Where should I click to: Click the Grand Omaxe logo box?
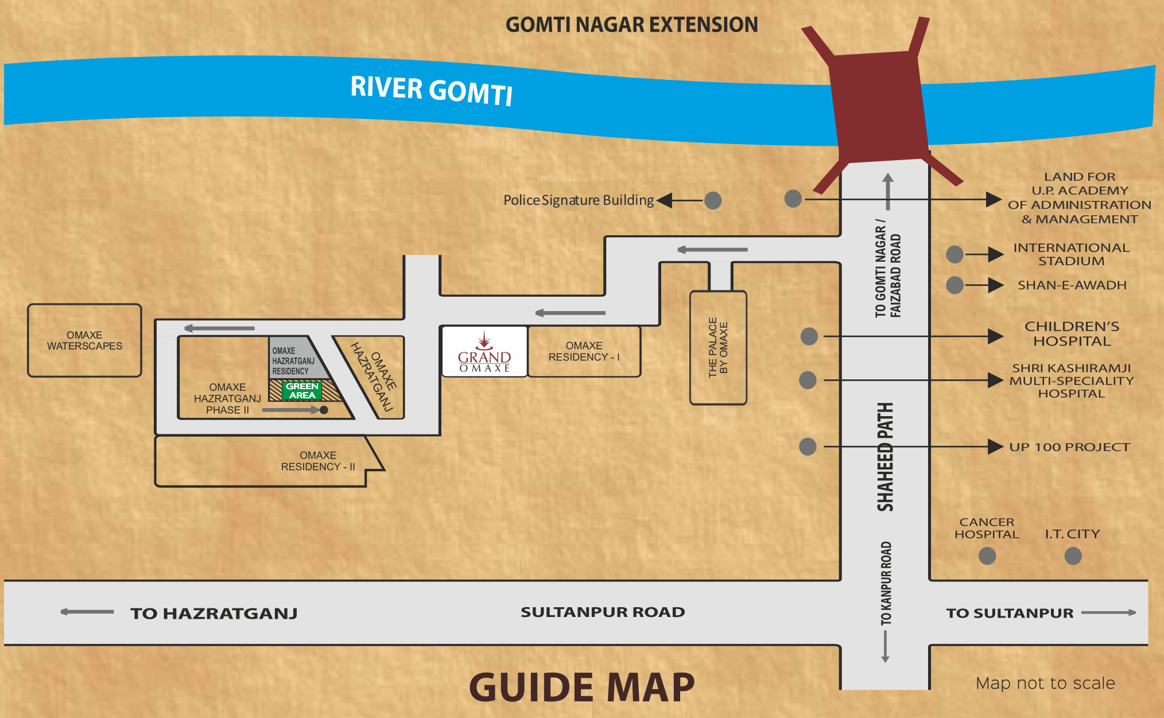click(x=484, y=351)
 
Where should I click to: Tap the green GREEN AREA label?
click(x=302, y=391)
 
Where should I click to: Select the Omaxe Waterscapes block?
click(x=84, y=340)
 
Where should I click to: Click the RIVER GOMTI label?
click(x=431, y=90)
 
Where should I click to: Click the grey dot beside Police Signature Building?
click(x=713, y=200)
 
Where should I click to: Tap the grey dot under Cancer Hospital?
click(x=987, y=556)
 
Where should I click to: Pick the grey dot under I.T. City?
click(x=1073, y=556)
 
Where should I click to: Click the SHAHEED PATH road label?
click(x=886, y=457)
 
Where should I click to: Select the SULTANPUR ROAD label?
click(x=603, y=612)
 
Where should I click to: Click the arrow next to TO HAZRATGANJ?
click(x=87, y=612)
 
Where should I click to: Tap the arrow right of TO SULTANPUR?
click(x=1108, y=612)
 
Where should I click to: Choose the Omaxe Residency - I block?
click(x=584, y=351)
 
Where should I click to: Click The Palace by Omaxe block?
click(x=718, y=347)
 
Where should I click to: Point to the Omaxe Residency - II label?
click(x=318, y=461)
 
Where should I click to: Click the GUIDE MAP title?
click(x=581, y=687)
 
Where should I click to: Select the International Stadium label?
click(x=1071, y=254)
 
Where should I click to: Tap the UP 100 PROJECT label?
click(x=1069, y=447)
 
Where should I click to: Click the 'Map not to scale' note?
click(x=1045, y=683)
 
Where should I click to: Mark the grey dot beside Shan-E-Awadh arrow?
click(x=955, y=285)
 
